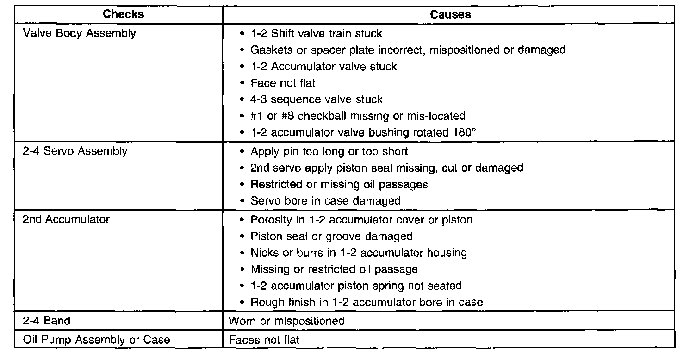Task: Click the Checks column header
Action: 124,14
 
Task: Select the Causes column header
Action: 450,14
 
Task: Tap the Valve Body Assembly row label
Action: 80,33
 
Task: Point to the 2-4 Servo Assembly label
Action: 75,151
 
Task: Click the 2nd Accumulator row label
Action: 66,219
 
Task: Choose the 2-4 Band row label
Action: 47,321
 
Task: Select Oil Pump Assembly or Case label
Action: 97,340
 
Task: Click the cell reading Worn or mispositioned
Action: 287,321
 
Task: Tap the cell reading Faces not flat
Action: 264,340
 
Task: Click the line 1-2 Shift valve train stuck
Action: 316,33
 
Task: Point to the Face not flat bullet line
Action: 283,83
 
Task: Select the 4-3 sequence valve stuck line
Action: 317,99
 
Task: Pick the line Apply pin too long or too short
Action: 329,151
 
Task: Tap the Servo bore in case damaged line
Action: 325,201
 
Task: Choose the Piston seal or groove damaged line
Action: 331,236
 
